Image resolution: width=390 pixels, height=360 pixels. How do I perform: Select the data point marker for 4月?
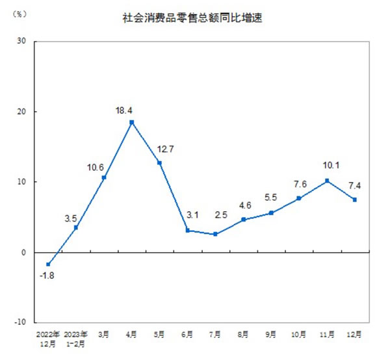[x=132, y=122]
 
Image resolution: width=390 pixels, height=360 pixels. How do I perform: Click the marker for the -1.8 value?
[x=48, y=264]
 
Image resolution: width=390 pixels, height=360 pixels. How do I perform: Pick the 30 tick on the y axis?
[x=21, y=42]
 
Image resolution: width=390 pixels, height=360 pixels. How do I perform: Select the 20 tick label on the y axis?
[x=21, y=112]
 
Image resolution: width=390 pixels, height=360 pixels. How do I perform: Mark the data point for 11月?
[x=327, y=181]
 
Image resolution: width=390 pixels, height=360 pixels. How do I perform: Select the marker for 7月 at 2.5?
[x=215, y=234]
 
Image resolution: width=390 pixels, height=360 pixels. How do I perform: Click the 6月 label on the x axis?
[x=187, y=335]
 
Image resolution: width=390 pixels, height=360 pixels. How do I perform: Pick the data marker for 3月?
[x=104, y=177]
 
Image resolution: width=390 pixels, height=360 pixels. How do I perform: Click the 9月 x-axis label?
[x=271, y=335]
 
